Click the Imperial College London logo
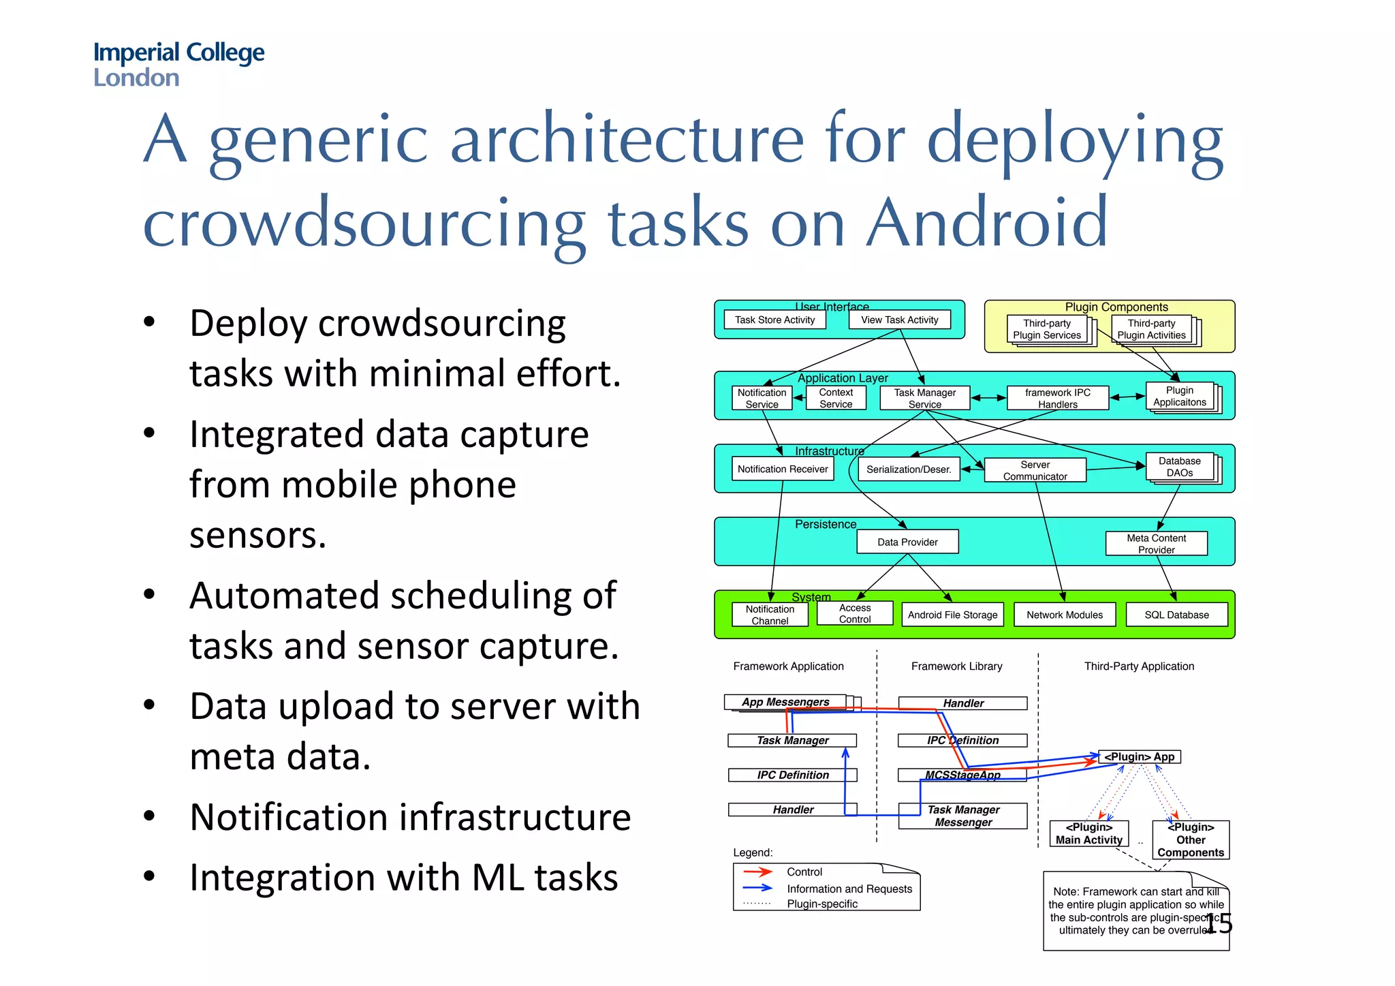[x=178, y=64]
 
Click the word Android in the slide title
[x=987, y=223]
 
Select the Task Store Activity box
[x=774, y=320]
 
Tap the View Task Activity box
[x=899, y=320]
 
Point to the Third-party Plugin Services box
[x=1047, y=329]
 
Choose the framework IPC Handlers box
[x=1057, y=398]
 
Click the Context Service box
[x=836, y=398]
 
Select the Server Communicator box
[x=1035, y=470]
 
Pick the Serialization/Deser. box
[x=909, y=469]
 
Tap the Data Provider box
[x=907, y=542]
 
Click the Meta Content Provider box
[x=1156, y=544]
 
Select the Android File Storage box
[x=952, y=615]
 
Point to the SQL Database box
[x=1176, y=615]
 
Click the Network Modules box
[x=1065, y=615]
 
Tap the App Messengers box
[x=785, y=702]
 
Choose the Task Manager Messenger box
[x=963, y=816]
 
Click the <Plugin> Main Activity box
[x=1088, y=833]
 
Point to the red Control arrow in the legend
[x=757, y=872]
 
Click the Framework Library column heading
[x=956, y=666]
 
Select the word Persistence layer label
[x=826, y=524]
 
